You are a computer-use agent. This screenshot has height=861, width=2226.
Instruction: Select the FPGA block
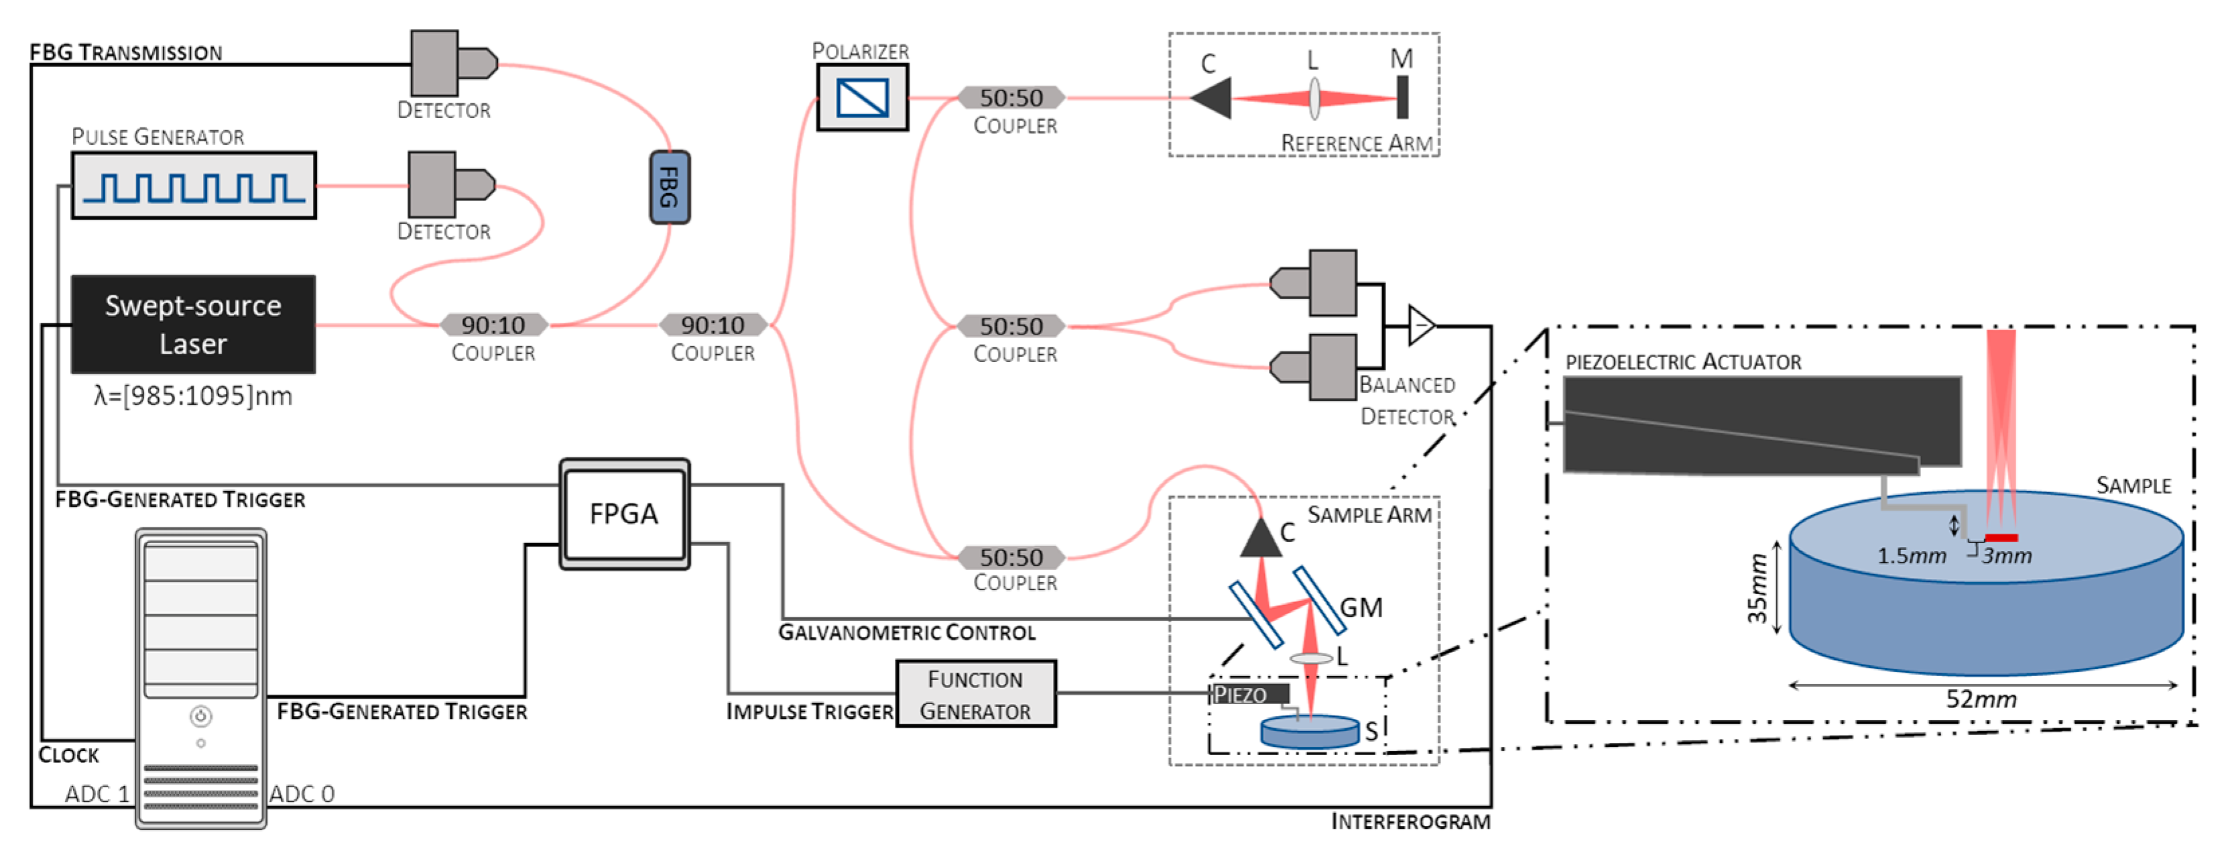click(x=624, y=514)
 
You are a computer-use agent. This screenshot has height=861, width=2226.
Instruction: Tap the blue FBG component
click(x=669, y=188)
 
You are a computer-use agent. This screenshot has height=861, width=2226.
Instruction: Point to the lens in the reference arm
click(x=1314, y=98)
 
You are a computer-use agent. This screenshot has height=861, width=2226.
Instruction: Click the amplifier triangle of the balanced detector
click(x=1419, y=325)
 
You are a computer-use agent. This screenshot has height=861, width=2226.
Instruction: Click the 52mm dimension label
click(x=1981, y=699)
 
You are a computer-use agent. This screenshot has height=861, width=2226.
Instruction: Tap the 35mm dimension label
click(x=1756, y=588)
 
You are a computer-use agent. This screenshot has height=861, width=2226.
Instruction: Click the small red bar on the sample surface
click(x=2001, y=538)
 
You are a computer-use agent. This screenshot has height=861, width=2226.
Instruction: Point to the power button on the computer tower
click(x=200, y=715)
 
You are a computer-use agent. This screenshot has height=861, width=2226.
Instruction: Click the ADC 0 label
click(x=302, y=793)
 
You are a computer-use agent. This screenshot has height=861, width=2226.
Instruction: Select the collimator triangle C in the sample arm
click(x=1261, y=537)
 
